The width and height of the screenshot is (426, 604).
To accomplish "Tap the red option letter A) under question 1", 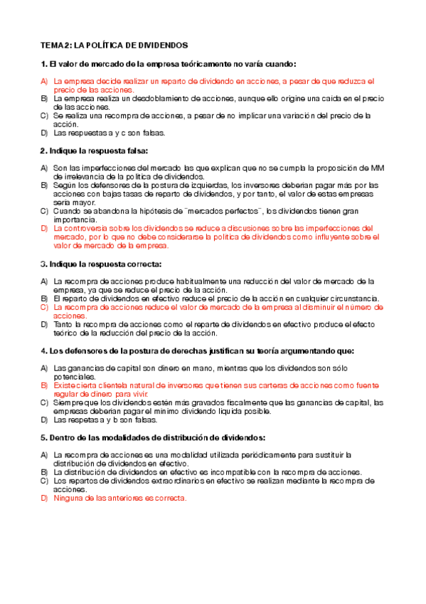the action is [x=44, y=81].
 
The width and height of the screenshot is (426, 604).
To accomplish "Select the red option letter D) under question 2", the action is [x=44, y=228].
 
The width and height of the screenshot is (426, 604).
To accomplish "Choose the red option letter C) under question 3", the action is [x=44, y=307].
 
